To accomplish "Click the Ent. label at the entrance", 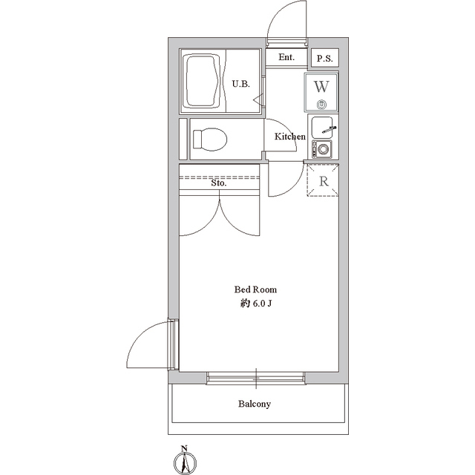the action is pyautogui.click(x=286, y=57).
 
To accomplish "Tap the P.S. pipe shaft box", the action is pyautogui.click(x=325, y=58).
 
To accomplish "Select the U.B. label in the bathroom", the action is pyautogui.click(x=241, y=84).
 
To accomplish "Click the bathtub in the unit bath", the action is pyautogui.click(x=203, y=81).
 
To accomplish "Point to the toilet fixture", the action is pyautogui.click(x=210, y=140).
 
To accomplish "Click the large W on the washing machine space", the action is pyautogui.click(x=321, y=87).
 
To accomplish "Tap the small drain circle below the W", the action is pyautogui.click(x=321, y=105).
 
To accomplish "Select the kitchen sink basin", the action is pyautogui.click(x=322, y=127).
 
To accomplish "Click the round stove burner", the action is pyautogui.click(x=323, y=149).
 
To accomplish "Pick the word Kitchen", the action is pyautogui.click(x=290, y=137).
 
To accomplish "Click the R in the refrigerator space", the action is pyautogui.click(x=324, y=181).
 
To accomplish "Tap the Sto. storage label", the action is pyautogui.click(x=219, y=183).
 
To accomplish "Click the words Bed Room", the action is pyautogui.click(x=255, y=289).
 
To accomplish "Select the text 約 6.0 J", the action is pyautogui.click(x=255, y=304).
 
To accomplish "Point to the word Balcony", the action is pyautogui.click(x=254, y=404).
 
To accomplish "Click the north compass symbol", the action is pyautogui.click(x=185, y=462).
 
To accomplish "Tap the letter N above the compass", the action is pyautogui.click(x=183, y=448).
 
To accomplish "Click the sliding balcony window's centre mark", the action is pyautogui.click(x=256, y=379).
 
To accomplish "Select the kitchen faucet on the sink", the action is pyautogui.click(x=330, y=130).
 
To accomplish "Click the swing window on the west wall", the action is pyautogui.click(x=173, y=344).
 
